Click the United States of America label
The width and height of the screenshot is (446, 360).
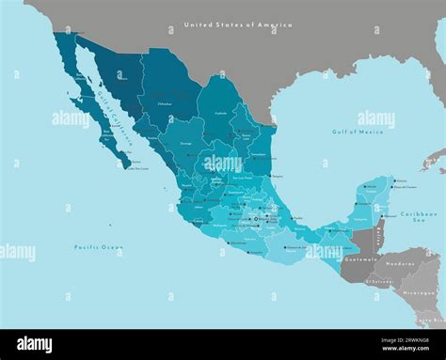pyautogui.click(x=238, y=24)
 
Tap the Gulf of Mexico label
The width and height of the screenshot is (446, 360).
pyautogui.click(x=358, y=133)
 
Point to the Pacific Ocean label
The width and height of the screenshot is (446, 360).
pyautogui.click(x=99, y=246)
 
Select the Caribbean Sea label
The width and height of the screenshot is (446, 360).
pyautogui.click(x=418, y=217)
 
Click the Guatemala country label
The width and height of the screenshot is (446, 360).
pyautogui.click(x=361, y=258)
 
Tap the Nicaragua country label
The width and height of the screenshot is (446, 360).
pyautogui.click(x=417, y=292)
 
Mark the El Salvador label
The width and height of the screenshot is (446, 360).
pyautogui.click(x=381, y=280)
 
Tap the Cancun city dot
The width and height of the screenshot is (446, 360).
pyautogui.click(x=392, y=179)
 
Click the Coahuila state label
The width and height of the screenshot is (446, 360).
pyautogui.click(x=221, y=112)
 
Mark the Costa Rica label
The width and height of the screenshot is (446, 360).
pyautogui.click(x=430, y=321)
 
